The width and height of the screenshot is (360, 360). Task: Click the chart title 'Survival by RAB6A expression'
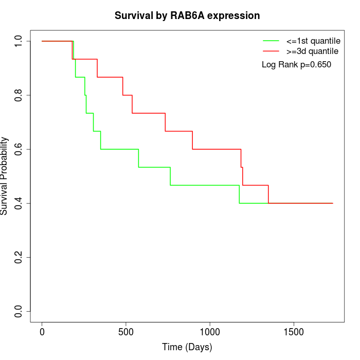click(x=187, y=15)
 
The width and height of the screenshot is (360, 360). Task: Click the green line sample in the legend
click(x=271, y=40)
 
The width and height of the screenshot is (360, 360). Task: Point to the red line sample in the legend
click(x=271, y=51)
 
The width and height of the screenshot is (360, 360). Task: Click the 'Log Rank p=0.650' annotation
click(x=296, y=65)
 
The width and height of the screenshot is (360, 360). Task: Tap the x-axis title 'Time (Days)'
click(x=187, y=347)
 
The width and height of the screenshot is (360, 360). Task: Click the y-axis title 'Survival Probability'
click(x=5, y=176)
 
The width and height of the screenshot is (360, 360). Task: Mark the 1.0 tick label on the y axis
click(x=19, y=41)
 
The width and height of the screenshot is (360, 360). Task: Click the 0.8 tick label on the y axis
click(x=19, y=95)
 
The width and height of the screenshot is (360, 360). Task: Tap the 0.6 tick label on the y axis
click(x=19, y=149)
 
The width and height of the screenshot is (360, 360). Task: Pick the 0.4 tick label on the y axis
click(x=19, y=203)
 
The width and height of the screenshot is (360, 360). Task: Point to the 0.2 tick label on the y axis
click(x=19, y=257)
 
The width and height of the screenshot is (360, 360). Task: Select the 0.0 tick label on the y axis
click(x=19, y=311)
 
